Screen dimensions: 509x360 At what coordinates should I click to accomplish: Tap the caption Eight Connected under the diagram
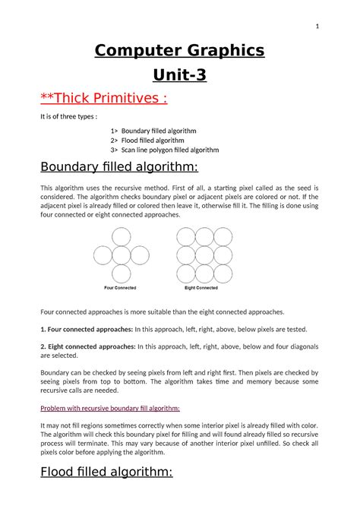coord(202,289)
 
